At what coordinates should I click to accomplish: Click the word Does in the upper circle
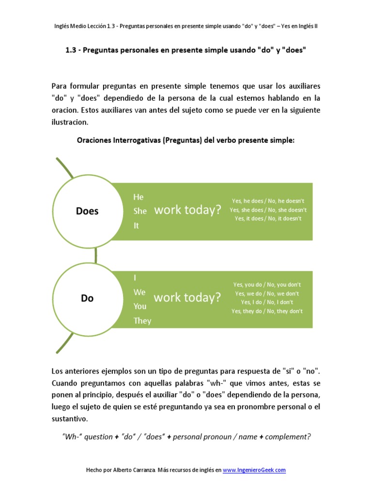tap(87, 211)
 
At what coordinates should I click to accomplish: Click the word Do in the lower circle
tap(87, 298)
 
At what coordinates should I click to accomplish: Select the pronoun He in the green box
tap(139, 197)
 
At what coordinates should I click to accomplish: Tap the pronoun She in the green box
tap(140, 211)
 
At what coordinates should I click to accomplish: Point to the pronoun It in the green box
tap(136, 225)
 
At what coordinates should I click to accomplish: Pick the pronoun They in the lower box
tap(142, 321)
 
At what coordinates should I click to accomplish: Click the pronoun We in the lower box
tap(139, 292)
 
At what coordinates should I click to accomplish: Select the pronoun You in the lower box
tap(140, 306)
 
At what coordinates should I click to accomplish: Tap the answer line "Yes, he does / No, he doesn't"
tap(268, 201)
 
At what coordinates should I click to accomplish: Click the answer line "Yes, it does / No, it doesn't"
tap(268, 218)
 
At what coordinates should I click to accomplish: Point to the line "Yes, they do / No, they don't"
tap(267, 311)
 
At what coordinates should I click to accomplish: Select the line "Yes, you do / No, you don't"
tap(267, 284)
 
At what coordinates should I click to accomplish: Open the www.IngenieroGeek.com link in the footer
tap(254, 470)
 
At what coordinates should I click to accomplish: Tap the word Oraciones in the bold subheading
tap(94, 140)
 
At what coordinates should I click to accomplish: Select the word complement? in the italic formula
tap(287, 436)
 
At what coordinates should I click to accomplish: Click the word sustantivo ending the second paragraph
tap(70, 418)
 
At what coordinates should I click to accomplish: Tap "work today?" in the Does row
tap(187, 210)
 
